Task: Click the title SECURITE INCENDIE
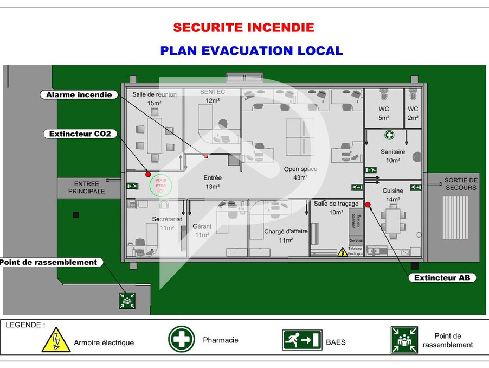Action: coord(243,27)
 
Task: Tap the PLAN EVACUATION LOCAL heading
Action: coord(251,51)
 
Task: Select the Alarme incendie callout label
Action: coord(79,94)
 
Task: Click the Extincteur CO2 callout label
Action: coord(80,134)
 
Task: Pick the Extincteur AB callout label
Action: coord(442,278)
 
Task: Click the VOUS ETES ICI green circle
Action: coord(160,186)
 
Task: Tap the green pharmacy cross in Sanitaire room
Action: coord(389,135)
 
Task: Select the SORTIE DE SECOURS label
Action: coord(460,184)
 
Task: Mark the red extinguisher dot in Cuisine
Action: coord(368,205)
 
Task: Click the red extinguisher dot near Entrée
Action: coord(147,174)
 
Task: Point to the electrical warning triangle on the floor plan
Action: coord(343,252)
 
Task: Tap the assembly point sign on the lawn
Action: coord(127,300)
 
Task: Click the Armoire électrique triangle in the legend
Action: coord(56,340)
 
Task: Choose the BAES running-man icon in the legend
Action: coord(302,340)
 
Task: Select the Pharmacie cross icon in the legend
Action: coord(182,339)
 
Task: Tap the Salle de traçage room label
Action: coord(336,208)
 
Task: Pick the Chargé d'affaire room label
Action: coord(286,236)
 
